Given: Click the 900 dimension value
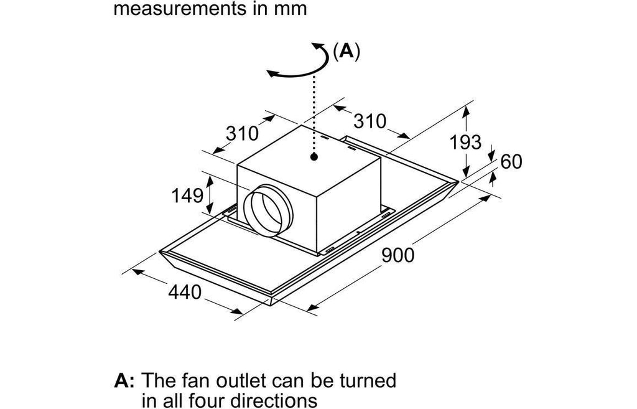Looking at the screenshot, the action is (398, 255).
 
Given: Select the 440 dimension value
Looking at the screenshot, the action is (185, 292).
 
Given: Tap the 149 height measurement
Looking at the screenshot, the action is (187, 195).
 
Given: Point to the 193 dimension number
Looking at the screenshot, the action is (465, 142).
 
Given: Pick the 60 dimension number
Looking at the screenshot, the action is (511, 161).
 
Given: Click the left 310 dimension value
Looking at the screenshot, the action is (242, 133).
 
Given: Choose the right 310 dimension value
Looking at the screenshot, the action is (370, 121).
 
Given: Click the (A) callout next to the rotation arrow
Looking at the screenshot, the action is (346, 52).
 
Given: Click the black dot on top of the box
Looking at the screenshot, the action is (314, 156).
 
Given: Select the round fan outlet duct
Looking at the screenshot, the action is (267, 211).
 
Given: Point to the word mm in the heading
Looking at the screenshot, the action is (293, 9).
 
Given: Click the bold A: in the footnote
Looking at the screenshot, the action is (124, 380).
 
